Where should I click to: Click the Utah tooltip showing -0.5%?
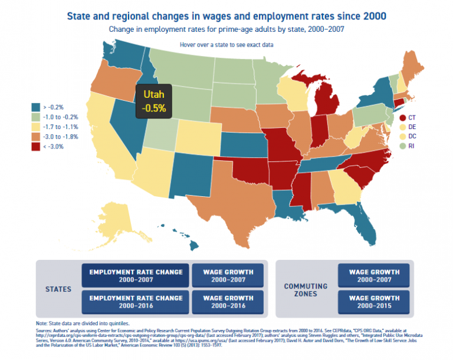(154, 100)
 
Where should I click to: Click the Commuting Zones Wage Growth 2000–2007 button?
(374, 276)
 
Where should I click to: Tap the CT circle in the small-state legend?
(397, 118)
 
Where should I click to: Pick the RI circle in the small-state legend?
(397, 146)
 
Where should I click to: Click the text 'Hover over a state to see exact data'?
(226, 45)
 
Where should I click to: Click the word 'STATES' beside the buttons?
(58, 289)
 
